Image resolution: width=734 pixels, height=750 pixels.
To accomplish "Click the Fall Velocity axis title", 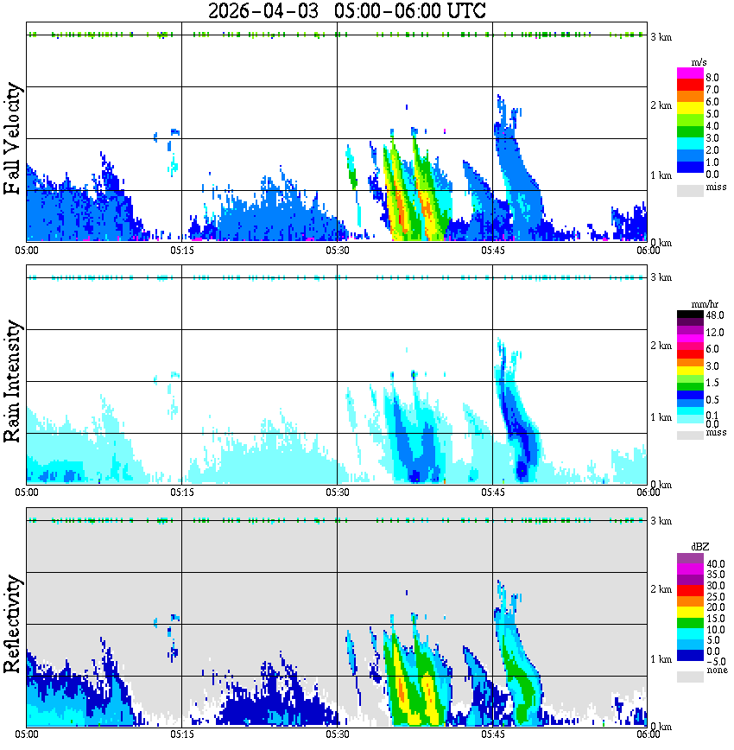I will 13,139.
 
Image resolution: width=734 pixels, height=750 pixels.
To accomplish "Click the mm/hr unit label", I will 699,304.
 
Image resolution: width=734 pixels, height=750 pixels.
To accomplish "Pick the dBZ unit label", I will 699,546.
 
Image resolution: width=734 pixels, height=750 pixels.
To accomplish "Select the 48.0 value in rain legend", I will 714,316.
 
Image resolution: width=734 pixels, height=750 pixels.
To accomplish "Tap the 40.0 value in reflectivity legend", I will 714,564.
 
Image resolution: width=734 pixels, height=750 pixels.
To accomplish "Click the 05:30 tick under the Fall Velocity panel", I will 337,251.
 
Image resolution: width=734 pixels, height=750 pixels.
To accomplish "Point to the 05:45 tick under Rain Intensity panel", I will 492,493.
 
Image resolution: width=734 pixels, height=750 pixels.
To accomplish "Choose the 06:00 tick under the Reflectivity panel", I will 648,734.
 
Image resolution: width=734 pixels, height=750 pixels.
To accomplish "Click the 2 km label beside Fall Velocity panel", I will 661,105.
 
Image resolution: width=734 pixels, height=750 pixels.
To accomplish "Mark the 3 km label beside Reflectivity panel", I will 661,521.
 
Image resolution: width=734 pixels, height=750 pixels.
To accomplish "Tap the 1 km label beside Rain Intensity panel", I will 661,416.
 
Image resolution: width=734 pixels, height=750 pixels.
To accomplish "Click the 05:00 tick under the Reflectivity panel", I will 27,734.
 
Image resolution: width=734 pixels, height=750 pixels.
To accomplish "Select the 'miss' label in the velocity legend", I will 716,187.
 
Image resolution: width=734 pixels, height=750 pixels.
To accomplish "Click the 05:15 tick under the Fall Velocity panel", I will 181,251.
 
